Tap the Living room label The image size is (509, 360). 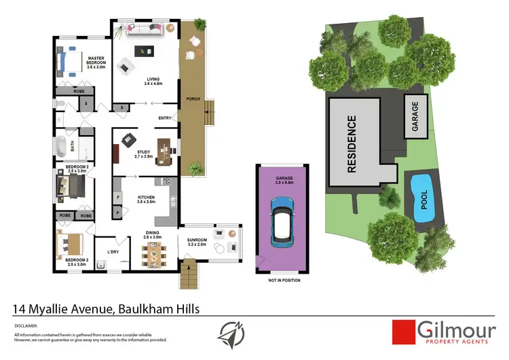coord(152,81)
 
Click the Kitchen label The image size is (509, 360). coord(147,199)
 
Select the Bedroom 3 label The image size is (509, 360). coord(76,260)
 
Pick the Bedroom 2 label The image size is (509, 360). coord(76,168)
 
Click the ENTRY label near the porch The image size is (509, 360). coord(165,118)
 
